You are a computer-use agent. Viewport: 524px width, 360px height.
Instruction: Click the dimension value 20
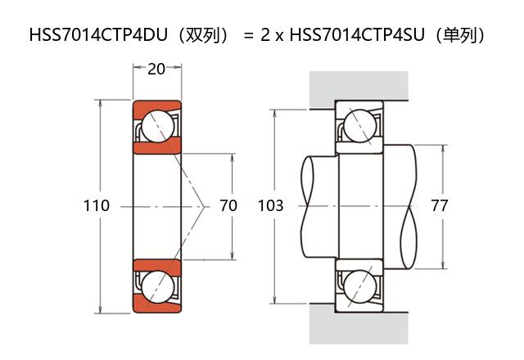point(156,69)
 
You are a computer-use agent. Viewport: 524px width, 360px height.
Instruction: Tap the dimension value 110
point(97,205)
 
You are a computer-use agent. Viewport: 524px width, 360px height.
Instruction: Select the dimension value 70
point(228,205)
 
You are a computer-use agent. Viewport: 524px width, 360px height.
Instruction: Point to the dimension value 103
point(270,205)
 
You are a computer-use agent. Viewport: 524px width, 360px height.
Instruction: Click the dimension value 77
point(440,205)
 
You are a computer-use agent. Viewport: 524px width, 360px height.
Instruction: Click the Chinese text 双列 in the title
point(201,36)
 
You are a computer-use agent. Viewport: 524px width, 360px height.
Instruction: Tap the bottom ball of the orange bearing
point(156,286)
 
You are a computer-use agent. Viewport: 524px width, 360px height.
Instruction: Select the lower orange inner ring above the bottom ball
point(156,265)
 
